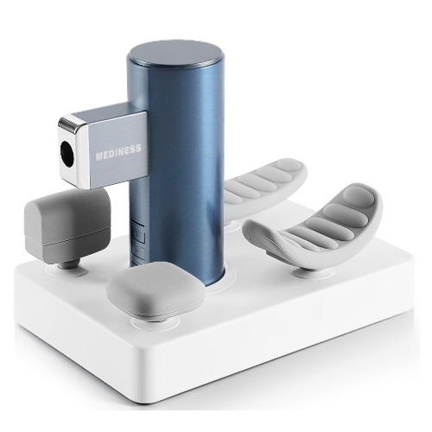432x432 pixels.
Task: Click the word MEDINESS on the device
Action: [118, 152]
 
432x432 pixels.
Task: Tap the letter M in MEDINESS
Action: [99, 156]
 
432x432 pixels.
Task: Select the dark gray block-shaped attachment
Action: [67, 224]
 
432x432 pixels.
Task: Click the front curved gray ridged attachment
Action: [314, 227]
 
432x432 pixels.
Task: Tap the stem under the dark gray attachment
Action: [68, 264]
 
